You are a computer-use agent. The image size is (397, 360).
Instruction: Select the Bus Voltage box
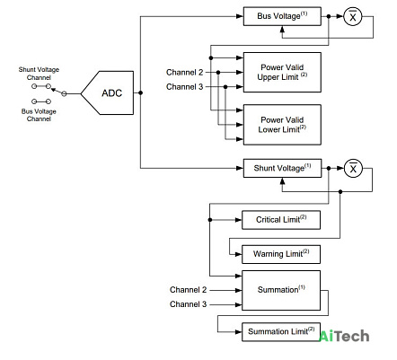click(x=282, y=16)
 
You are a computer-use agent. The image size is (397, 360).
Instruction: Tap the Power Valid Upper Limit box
click(x=282, y=72)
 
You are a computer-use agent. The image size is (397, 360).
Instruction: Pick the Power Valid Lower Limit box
click(x=282, y=125)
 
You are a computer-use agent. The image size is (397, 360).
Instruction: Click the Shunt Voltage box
click(x=282, y=168)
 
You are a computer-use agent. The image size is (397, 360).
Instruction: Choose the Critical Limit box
click(x=281, y=220)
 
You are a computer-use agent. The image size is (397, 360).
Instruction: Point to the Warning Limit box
click(x=281, y=254)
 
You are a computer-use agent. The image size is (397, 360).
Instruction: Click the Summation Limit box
click(x=281, y=331)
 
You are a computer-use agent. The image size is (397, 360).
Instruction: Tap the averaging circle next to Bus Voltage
click(x=353, y=17)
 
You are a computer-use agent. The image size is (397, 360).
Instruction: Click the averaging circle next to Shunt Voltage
click(x=353, y=169)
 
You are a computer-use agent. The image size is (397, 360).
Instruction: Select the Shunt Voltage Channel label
click(x=39, y=74)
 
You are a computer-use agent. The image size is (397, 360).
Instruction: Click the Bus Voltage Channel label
click(x=39, y=115)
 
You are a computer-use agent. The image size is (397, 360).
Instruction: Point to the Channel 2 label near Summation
click(x=188, y=290)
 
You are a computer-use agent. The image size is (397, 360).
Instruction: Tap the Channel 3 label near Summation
click(x=188, y=304)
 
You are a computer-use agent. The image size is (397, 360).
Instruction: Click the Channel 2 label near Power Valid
click(x=184, y=72)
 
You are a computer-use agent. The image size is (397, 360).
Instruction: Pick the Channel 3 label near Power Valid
click(x=184, y=87)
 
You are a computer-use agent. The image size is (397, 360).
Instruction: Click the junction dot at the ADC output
click(x=140, y=92)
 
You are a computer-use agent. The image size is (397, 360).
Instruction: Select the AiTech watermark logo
click(x=344, y=336)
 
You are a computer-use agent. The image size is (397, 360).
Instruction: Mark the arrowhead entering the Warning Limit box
click(x=239, y=254)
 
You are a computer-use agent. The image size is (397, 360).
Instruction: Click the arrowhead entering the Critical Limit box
click(x=239, y=220)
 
